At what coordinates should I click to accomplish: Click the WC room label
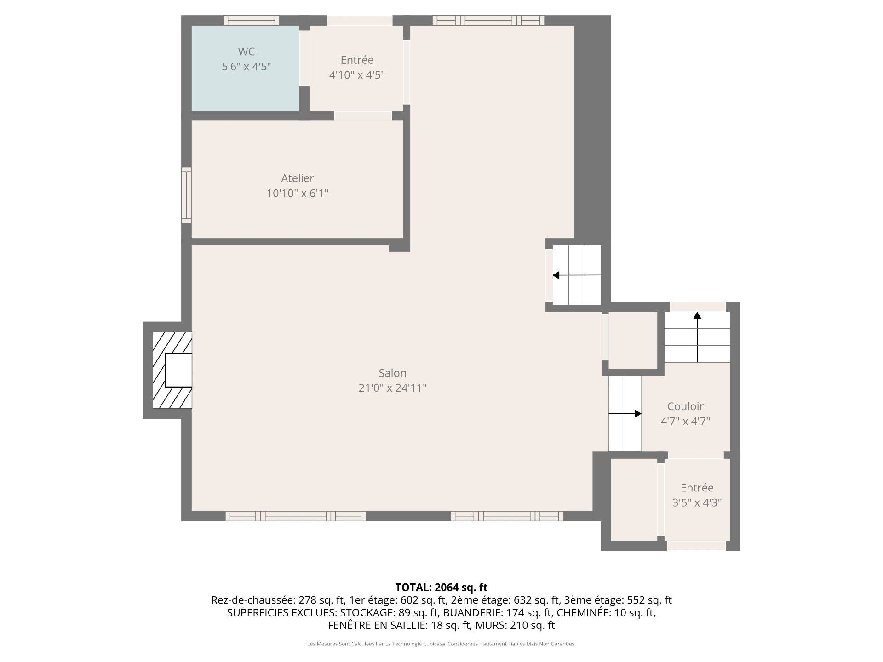[x=246, y=51]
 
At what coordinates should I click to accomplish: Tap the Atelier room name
[x=298, y=178]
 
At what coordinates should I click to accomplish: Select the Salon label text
[x=392, y=373]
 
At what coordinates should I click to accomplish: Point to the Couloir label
[x=685, y=406]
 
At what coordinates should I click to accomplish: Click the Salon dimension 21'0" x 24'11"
[x=392, y=388]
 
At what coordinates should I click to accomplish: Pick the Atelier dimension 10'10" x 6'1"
[x=298, y=193]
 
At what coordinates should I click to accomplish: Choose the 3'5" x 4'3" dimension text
[x=697, y=503]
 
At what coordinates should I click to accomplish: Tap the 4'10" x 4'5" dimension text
[x=357, y=75]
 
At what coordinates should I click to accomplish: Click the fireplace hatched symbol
[x=172, y=370]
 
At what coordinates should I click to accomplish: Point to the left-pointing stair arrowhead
[x=556, y=275]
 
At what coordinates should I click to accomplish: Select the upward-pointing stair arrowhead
[x=697, y=315]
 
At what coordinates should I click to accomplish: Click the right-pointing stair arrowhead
[x=638, y=414]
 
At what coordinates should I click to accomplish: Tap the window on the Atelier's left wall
[x=186, y=195]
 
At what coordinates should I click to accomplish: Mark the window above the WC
[x=251, y=20]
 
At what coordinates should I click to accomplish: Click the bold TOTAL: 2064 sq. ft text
[x=441, y=588]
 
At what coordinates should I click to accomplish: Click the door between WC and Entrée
[x=304, y=58]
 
